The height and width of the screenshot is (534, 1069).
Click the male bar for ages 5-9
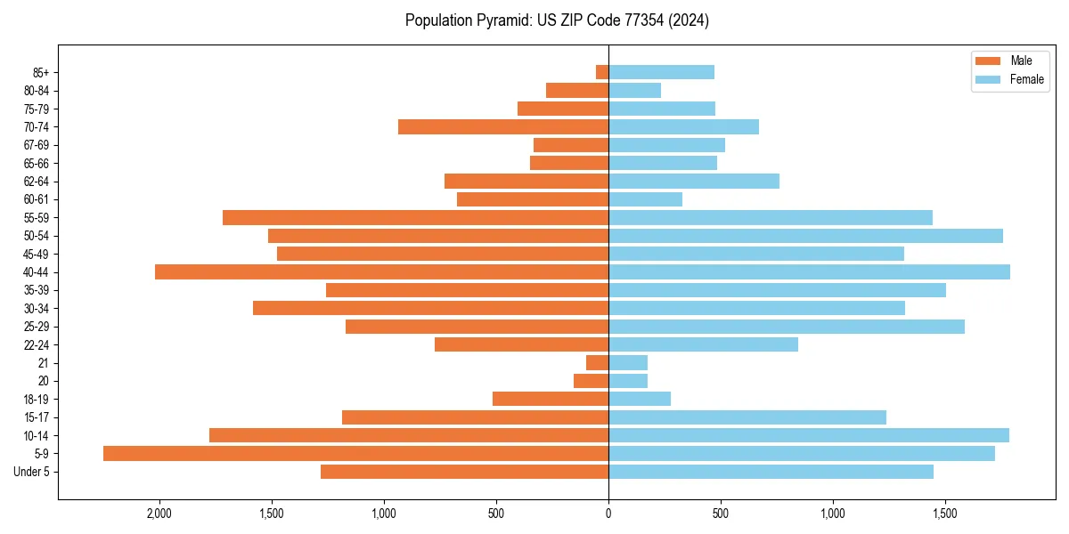pyautogui.click(x=355, y=453)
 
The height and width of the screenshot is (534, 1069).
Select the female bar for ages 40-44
pyautogui.click(x=809, y=271)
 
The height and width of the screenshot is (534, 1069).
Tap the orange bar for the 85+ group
pyautogui.click(x=602, y=72)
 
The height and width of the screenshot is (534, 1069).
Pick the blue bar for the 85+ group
pyautogui.click(x=661, y=72)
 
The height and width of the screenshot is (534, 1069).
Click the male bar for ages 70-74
pyautogui.click(x=503, y=126)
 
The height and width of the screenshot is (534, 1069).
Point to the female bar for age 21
pyautogui.click(x=628, y=362)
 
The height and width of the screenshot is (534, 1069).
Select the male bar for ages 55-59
pyautogui.click(x=415, y=217)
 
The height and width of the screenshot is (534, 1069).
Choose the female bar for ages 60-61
pyautogui.click(x=645, y=199)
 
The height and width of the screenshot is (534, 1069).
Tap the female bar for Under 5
pyautogui.click(x=771, y=472)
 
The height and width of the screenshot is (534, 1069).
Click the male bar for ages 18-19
pyautogui.click(x=551, y=399)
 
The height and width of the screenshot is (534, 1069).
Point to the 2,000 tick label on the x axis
pyautogui.click(x=159, y=514)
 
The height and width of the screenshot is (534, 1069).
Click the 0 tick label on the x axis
pyautogui.click(x=608, y=514)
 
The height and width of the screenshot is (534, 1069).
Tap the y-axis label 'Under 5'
pyautogui.click(x=32, y=472)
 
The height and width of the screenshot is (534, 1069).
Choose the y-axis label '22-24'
pyautogui.click(x=37, y=344)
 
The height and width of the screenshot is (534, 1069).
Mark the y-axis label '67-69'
pyautogui.click(x=37, y=145)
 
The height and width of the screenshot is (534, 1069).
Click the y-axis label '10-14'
pyautogui.click(x=37, y=435)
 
